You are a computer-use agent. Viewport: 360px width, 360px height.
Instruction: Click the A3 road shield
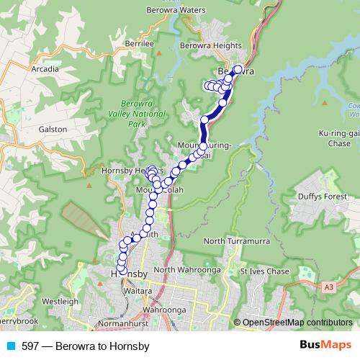point(329,287)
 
